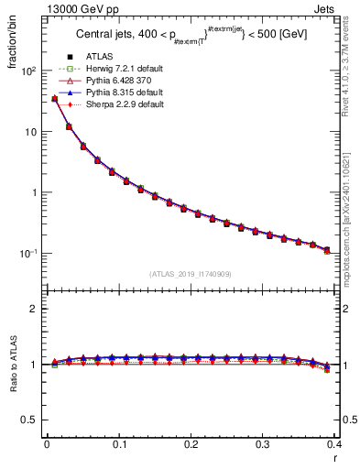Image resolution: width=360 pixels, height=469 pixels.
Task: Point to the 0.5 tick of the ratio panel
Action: (x=31, y=420)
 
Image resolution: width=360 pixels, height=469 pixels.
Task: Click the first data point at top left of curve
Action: (x=54, y=99)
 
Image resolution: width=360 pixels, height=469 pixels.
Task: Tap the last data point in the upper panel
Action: (x=327, y=250)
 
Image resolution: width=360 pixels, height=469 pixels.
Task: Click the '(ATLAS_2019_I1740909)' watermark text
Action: (x=191, y=273)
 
